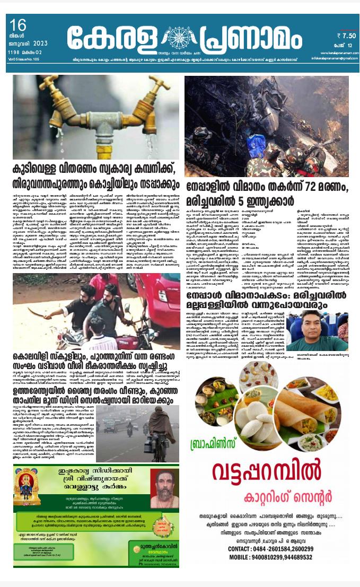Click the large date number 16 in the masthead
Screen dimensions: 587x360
[x=17, y=25]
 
